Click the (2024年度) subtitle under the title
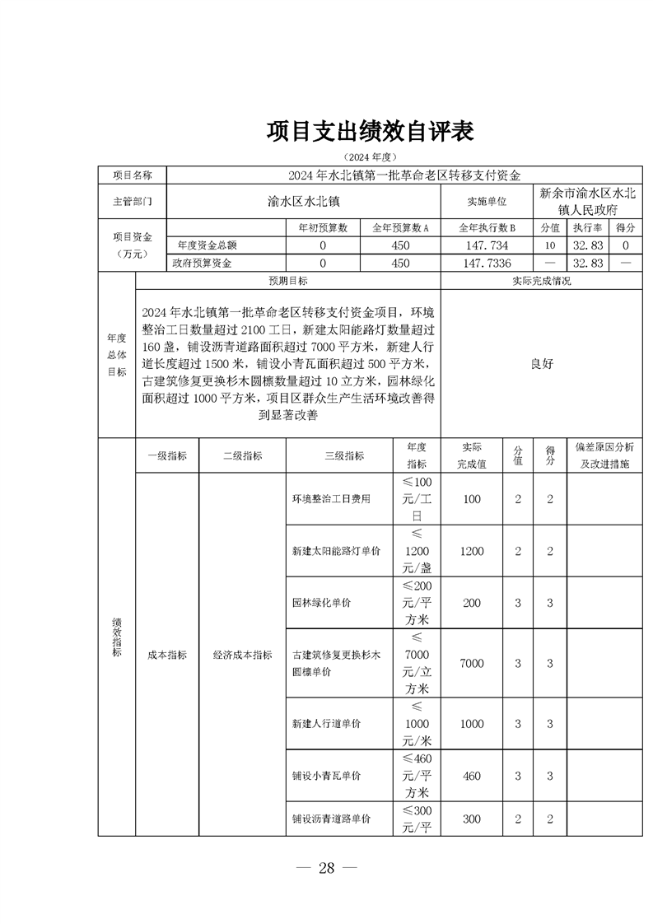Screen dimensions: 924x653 pyautogui.click(x=371, y=156)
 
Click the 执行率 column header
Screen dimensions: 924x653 pyautogui.click(x=589, y=228)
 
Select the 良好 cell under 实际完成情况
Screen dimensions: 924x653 pyautogui.click(x=541, y=364)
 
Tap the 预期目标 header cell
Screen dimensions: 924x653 pyautogui.click(x=288, y=281)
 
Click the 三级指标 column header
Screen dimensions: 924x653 pyautogui.click(x=344, y=455)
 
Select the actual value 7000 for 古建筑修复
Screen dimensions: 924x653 pyautogui.click(x=472, y=663)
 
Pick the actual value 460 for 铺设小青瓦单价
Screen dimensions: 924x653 pyautogui.click(x=472, y=776)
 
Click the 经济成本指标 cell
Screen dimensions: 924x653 pyautogui.click(x=242, y=655)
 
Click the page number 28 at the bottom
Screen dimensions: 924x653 pyautogui.click(x=327, y=869)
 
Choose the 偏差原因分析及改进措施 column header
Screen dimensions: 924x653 pyautogui.click(x=604, y=455)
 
